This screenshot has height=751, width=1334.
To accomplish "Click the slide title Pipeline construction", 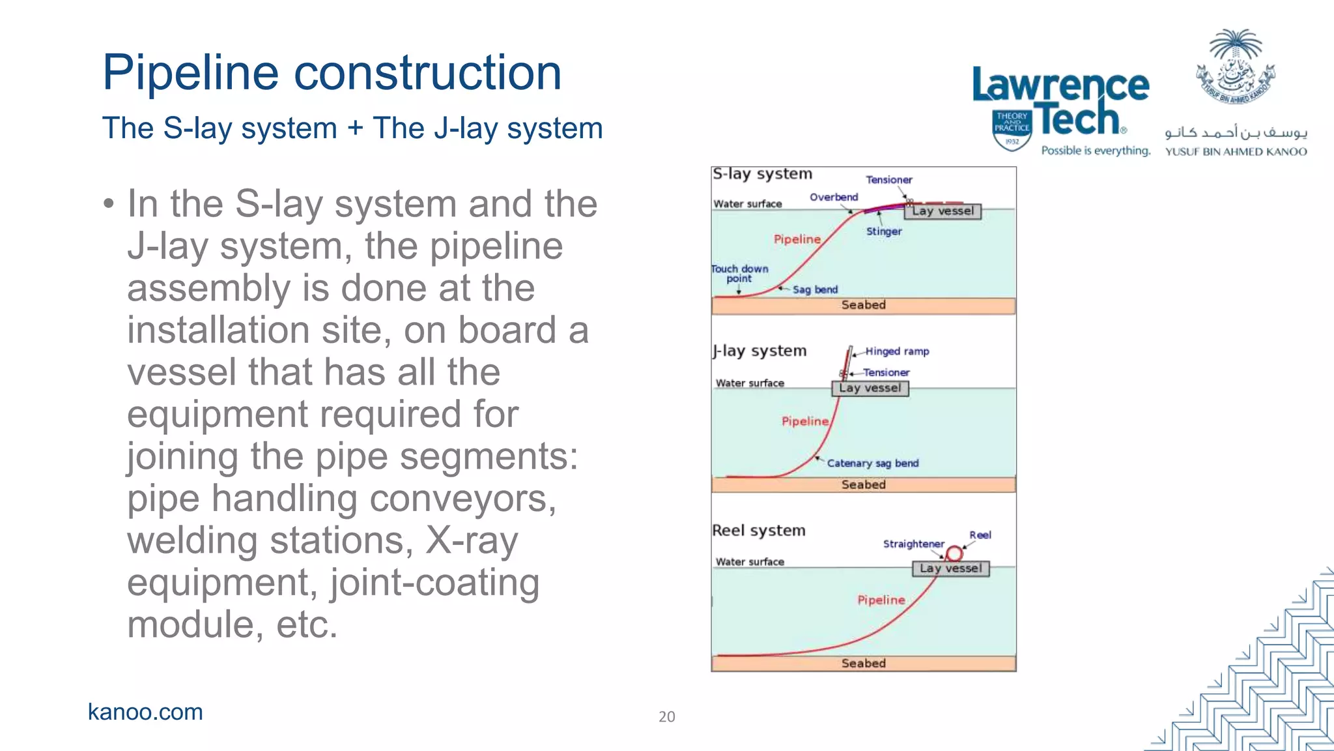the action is point(332,72).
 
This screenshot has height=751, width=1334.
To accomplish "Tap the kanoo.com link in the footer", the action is point(145,712).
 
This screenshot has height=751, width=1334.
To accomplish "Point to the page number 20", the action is point(666,716).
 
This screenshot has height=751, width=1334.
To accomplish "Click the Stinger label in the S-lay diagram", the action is point(884,231).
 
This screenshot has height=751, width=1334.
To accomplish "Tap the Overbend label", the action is point(834,197).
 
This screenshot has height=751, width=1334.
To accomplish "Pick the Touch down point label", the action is point(740,273).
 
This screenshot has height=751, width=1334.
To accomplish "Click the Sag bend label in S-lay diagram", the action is point(815,289).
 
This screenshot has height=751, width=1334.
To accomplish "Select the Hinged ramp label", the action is point(897,351).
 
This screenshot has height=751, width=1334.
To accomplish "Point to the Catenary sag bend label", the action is point(872,463).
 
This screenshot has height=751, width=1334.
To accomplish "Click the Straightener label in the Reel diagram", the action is point(913,544).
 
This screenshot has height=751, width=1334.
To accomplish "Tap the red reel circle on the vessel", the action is point(954,553).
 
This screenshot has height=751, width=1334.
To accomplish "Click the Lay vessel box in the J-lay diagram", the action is point(870,389).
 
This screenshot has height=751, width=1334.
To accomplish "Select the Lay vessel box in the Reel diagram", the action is point(950,568).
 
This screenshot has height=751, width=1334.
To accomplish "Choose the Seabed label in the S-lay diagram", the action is point(863,305).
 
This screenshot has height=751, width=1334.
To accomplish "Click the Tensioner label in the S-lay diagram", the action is point(888,179).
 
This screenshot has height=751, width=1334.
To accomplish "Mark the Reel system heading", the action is point(758,531).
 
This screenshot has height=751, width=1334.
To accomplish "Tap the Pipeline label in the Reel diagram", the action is point(881,600).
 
